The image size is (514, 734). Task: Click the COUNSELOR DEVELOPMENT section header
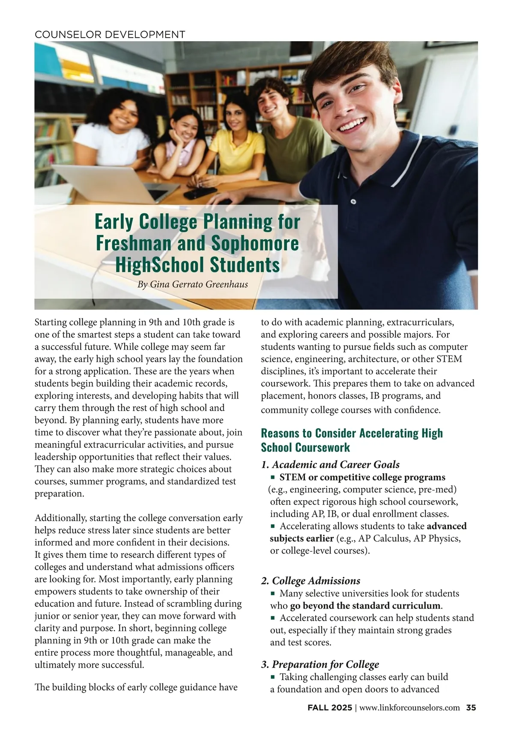point(110,35)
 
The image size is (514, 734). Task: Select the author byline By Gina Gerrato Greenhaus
point(192,284)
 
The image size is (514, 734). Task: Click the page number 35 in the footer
point(471,708)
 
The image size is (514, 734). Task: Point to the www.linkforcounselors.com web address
point(409,708)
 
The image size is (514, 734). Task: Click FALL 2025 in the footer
point(329,708)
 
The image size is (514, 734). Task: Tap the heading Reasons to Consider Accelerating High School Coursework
point(352,440)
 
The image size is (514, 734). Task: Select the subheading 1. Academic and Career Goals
point(330,465)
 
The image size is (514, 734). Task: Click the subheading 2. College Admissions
point(311,581)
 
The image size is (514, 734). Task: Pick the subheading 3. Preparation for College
point(320,664)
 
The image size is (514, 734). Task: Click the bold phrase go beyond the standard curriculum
point(365,606)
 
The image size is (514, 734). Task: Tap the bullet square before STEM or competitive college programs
point(272,477)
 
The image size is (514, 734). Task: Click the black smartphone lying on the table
point(200,193)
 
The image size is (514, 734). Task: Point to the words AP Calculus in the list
point(384,538)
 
